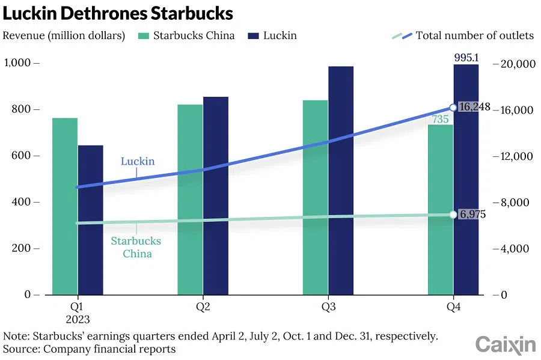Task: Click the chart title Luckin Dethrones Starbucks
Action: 118,13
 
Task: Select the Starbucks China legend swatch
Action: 143,35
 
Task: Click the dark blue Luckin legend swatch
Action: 252,35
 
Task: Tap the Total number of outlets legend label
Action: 474,35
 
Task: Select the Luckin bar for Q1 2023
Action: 91,219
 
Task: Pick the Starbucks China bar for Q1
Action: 65,206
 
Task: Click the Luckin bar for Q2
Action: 216,195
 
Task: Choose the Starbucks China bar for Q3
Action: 316,197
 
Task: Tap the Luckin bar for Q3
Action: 341,180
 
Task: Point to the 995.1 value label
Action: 466,58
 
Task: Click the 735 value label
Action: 441,120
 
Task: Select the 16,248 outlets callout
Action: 474,108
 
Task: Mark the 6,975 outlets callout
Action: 472,215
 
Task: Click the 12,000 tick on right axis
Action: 517,156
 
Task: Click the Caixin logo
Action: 506,345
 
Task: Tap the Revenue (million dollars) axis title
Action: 64,35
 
